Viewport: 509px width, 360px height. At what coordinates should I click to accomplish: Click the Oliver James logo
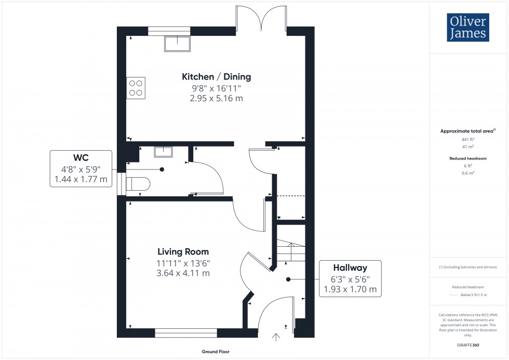[467, 28]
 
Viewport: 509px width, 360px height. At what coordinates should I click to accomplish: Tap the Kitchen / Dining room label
[216, 77]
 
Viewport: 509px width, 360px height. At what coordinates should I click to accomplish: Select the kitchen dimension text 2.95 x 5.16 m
[216, 98]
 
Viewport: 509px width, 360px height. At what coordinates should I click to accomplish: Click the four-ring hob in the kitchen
[136, 88]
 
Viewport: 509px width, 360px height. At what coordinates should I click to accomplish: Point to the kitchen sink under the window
[177, 44]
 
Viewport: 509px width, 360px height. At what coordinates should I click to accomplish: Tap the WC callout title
[81, 157]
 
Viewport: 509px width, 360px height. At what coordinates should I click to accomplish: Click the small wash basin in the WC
[164, 151]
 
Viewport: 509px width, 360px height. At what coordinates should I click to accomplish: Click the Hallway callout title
[350, 268]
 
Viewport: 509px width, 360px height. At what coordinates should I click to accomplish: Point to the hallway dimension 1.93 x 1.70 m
[350, 289]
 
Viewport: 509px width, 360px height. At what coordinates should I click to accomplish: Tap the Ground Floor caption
[216, 352]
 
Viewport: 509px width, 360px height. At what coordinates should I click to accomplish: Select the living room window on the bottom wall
[185, 332]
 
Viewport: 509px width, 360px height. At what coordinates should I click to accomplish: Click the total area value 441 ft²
[468, 140]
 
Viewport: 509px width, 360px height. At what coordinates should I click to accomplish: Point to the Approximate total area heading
[467, 131]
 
